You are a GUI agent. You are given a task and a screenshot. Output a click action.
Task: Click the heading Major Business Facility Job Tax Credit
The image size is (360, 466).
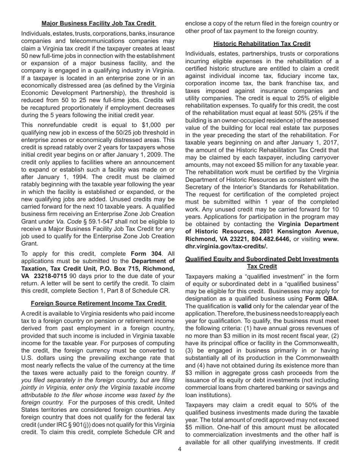pos(98,23)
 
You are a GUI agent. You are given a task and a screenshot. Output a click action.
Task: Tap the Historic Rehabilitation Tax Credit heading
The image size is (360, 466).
pos(262,44)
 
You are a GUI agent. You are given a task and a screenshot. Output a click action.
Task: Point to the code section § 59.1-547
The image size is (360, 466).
pos(158,221)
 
